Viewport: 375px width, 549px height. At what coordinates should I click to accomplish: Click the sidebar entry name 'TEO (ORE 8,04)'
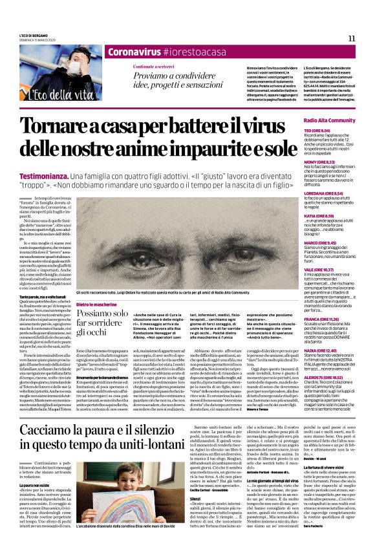click(335, 130)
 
